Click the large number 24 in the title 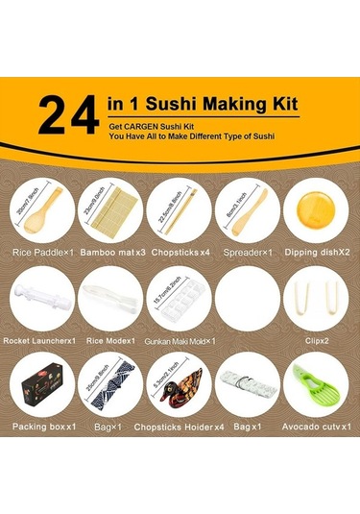tap(67, 114)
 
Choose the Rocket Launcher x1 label tap(39, 340)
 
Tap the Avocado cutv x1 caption tap(316, 426)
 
